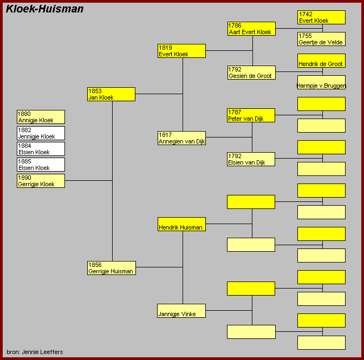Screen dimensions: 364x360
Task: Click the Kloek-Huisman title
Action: pyautogui.click(x=44, y=9)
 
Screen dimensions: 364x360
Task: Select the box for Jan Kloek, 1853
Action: pyautogui.click(x=111, y=94)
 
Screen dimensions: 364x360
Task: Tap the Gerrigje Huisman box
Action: pyautogui.click(x=112, y=268)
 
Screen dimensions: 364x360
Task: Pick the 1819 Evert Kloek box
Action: pyautogui.click(x=181, y=51)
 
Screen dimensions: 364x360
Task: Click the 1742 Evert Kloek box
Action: pyautogui.click(x=321, y=17)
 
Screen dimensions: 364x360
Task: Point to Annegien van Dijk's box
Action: pyautogui.click(x=181, y=138)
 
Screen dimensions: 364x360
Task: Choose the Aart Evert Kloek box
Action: pyautogui.click(x=251, y=29)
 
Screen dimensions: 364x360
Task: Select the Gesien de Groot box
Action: pyautogui.click(x=251, y=73)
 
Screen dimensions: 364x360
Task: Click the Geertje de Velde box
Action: pyautogui.click(x=321, y=39)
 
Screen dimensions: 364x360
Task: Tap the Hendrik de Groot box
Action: pyautogui.click(x=321, y=61)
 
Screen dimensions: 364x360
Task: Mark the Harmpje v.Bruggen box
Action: pyautogui.click(x=321, y=82)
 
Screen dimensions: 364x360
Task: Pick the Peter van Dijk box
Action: pyautogui.click(x=251, y=115)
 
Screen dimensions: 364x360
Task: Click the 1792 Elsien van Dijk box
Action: pyautogui.click(x=251, y=159)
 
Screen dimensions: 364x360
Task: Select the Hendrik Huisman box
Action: pyautogui.click(x=181, y=224)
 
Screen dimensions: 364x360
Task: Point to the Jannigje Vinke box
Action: pyautogui.click(x=181, y=311)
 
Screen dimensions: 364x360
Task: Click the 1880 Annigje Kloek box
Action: pyautogui.click(x=41, y=117)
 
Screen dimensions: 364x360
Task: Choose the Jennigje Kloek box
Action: pyautogui.click(x=41, y=133)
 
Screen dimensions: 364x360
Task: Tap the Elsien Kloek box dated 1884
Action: pyautogui.click(x=41, y=149)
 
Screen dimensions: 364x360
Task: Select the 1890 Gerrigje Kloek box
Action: pyautogui.click(x=41, y=181)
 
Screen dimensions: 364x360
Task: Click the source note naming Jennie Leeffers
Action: pyautogui.click(x=35, y=352)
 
